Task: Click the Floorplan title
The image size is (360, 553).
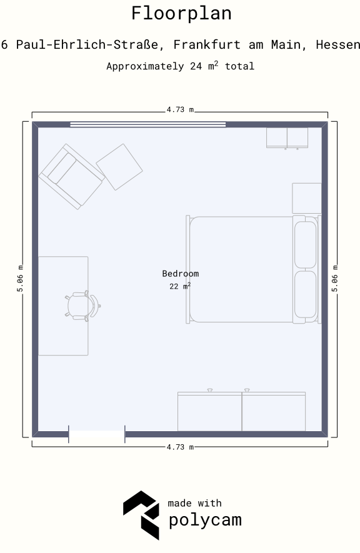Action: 181,13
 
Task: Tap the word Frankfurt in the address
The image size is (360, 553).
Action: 207,44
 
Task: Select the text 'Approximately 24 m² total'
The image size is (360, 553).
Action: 180,66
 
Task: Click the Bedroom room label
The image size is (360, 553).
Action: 181,273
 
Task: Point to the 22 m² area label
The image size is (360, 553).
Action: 180,286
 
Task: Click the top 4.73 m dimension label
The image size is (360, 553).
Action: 180,110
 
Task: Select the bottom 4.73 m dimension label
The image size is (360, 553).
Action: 180,447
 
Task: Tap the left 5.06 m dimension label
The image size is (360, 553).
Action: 20,279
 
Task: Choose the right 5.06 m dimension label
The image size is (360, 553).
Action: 335,279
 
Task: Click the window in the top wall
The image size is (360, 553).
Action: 147,124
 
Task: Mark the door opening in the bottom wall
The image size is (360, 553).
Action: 97,434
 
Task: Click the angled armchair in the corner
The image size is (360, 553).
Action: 72,176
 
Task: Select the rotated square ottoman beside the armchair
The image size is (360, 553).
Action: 119,167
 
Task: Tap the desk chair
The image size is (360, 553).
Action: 82,306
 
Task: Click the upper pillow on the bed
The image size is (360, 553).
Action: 306,245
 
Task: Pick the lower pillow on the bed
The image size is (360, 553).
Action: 306,294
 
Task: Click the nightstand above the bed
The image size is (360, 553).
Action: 307,198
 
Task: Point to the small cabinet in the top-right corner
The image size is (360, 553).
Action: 287,138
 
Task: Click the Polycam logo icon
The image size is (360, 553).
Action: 141,515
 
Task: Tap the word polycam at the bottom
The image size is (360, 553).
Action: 205,521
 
